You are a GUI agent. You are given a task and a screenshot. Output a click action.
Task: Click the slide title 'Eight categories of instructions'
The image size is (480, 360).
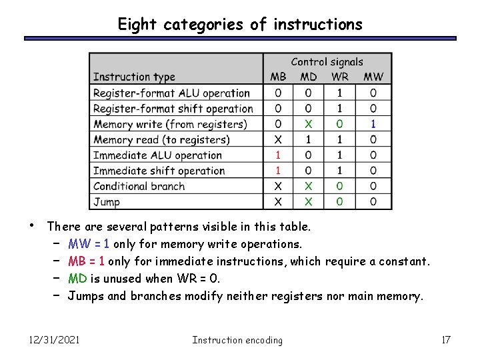[240, 25]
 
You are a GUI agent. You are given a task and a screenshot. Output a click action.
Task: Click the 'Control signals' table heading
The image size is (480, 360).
[327, 62]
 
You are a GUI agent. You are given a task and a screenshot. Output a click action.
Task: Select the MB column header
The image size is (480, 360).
[278, 77]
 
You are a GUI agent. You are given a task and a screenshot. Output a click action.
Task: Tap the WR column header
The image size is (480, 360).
[340, 77]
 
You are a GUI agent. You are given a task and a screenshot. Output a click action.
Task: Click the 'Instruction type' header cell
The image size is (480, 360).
[134, 77]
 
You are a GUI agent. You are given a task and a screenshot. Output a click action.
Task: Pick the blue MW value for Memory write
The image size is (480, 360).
[373, 124]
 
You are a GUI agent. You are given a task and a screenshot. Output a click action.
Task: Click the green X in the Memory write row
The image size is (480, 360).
[308, 124]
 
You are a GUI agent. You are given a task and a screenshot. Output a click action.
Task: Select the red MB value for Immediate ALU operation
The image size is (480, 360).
[278, 155]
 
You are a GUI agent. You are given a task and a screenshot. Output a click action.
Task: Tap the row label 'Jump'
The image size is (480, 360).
[107, 201]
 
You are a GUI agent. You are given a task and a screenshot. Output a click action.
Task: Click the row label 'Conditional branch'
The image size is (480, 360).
[139, 186]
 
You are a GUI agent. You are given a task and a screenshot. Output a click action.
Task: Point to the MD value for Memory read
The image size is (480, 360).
[308, 140]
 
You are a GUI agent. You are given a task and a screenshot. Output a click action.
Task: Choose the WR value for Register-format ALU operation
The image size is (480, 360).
[340, 93]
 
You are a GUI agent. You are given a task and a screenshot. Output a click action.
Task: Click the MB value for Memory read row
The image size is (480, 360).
[278, 140]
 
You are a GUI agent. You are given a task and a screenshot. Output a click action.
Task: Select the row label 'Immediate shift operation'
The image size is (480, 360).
[159, 171]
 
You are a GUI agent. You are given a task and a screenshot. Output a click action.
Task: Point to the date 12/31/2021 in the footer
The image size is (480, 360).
[54, 340]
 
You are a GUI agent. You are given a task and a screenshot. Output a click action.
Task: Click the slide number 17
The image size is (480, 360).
[446, 340]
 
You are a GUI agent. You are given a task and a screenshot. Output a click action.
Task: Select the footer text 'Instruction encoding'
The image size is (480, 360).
[237, 340]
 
